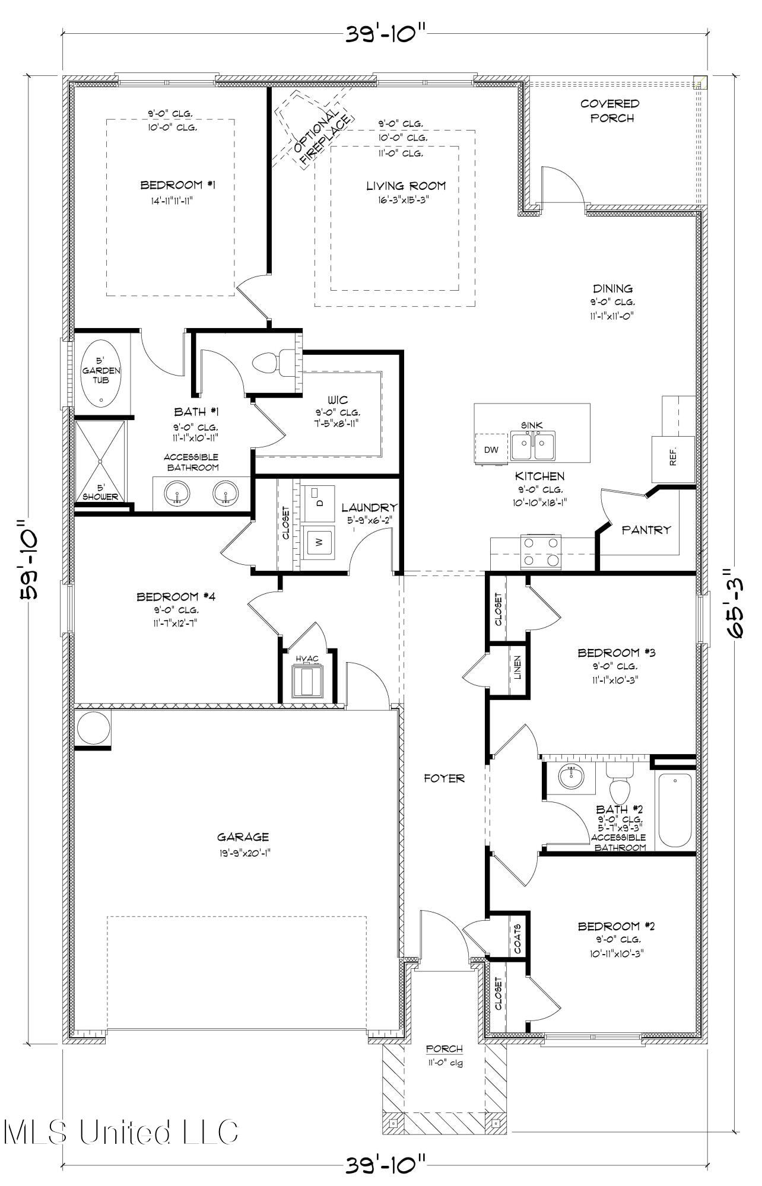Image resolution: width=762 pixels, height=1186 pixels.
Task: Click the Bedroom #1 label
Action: click(x=177, y=186)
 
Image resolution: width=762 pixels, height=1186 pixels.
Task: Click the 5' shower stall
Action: click(x=100, y=461)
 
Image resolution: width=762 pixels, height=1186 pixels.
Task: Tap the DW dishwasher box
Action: click(x=491, y=449)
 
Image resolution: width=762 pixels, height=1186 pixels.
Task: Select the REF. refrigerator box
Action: click(x=672, y=459)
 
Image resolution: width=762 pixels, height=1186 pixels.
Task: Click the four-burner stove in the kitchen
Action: click(x=541, y=550)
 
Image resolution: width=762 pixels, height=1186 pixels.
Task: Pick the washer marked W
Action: click(x=318, y=542)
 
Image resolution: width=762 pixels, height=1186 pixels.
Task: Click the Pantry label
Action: click(x=646, y=530)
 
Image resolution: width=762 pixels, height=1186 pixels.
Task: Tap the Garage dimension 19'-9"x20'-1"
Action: click(x=243, y=853)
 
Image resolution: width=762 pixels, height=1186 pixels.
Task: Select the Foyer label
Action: click(x=444, y=778)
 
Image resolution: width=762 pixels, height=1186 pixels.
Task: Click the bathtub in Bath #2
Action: click(x=675, y=810)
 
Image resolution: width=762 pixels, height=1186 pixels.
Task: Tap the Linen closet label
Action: click(x=517, y=667)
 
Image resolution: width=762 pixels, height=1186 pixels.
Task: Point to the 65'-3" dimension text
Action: click(x=737, y=602)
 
